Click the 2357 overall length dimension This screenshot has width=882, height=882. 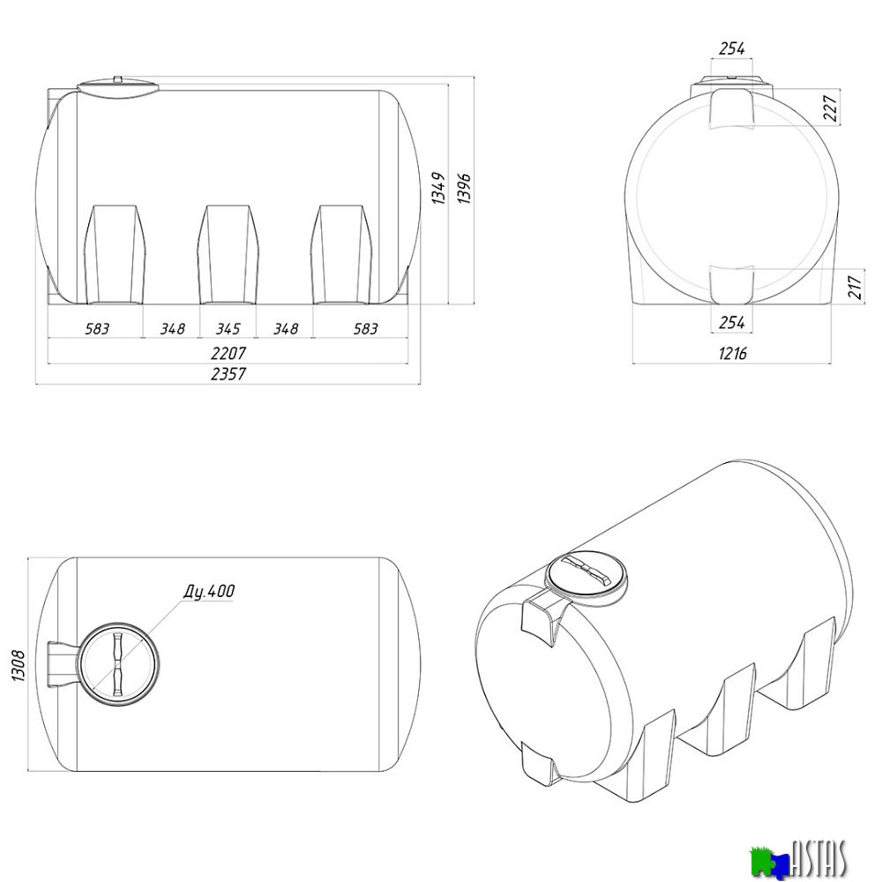(228, 373)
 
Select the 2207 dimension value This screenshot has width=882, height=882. (228, 353)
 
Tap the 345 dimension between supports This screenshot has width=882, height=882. (228, 328)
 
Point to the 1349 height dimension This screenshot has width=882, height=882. (438, 188)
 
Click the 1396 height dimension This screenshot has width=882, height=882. (464, 188)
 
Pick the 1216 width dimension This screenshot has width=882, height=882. (732, 354)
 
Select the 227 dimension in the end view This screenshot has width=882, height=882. (830, 108)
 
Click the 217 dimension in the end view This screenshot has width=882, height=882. (855, 287)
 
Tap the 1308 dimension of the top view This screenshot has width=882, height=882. (18, 665)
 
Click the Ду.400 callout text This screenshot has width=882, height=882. (209, 591)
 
